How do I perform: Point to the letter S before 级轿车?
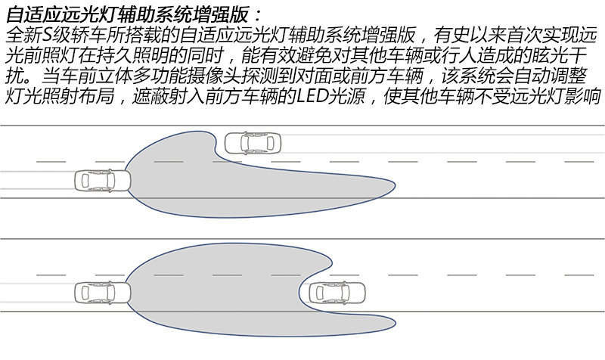46,36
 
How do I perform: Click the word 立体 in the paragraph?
114,76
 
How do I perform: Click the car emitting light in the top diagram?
103,181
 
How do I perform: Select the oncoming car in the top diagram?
253,143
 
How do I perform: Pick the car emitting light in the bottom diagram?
103,293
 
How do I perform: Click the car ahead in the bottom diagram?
337,293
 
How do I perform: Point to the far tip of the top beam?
395,187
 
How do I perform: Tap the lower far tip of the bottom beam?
396,323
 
